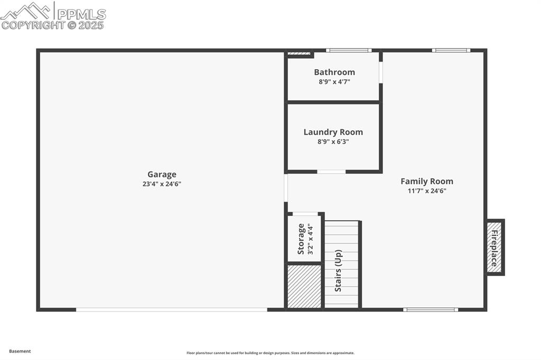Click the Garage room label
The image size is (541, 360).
[162, 175]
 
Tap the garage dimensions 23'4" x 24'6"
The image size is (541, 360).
[162, 184]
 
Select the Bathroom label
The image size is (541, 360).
[334, 72]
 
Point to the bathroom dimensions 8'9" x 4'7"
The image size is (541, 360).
[334, 82]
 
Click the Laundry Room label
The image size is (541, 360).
[333, 132]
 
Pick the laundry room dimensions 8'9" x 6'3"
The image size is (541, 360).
[333, 141]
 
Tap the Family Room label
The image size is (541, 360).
[427, 182]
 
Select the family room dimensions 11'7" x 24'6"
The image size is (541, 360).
[427, 191]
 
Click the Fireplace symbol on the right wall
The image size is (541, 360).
[495, 247]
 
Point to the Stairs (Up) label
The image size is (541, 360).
[339, 270]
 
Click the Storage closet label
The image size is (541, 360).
[301, 239]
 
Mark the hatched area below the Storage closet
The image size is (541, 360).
[304, 286]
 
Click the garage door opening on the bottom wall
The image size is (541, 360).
[172, 309]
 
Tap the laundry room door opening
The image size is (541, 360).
[331, 172]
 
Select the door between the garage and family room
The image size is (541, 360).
[286, 188]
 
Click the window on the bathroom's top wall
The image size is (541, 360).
[349, 51]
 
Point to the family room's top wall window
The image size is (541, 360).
[451, 51]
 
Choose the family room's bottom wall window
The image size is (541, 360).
[431, 309]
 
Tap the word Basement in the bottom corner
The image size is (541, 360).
[20, 351]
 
